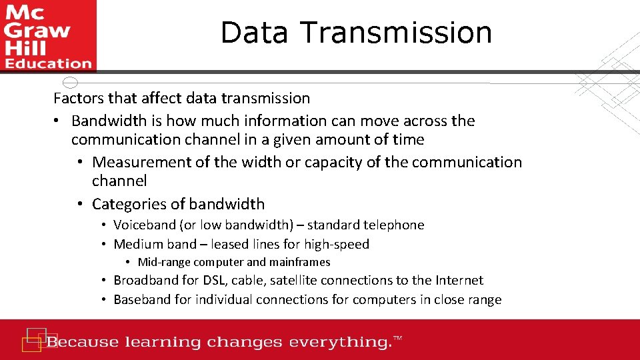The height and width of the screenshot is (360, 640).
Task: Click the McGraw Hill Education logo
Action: pos(48,36)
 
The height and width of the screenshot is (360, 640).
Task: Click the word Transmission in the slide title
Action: pos(396,33)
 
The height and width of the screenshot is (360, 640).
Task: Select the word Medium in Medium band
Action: pos(136,245)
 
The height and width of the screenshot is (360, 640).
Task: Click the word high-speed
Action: pos(337,245)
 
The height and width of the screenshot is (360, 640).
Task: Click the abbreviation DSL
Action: pos(213,281)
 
